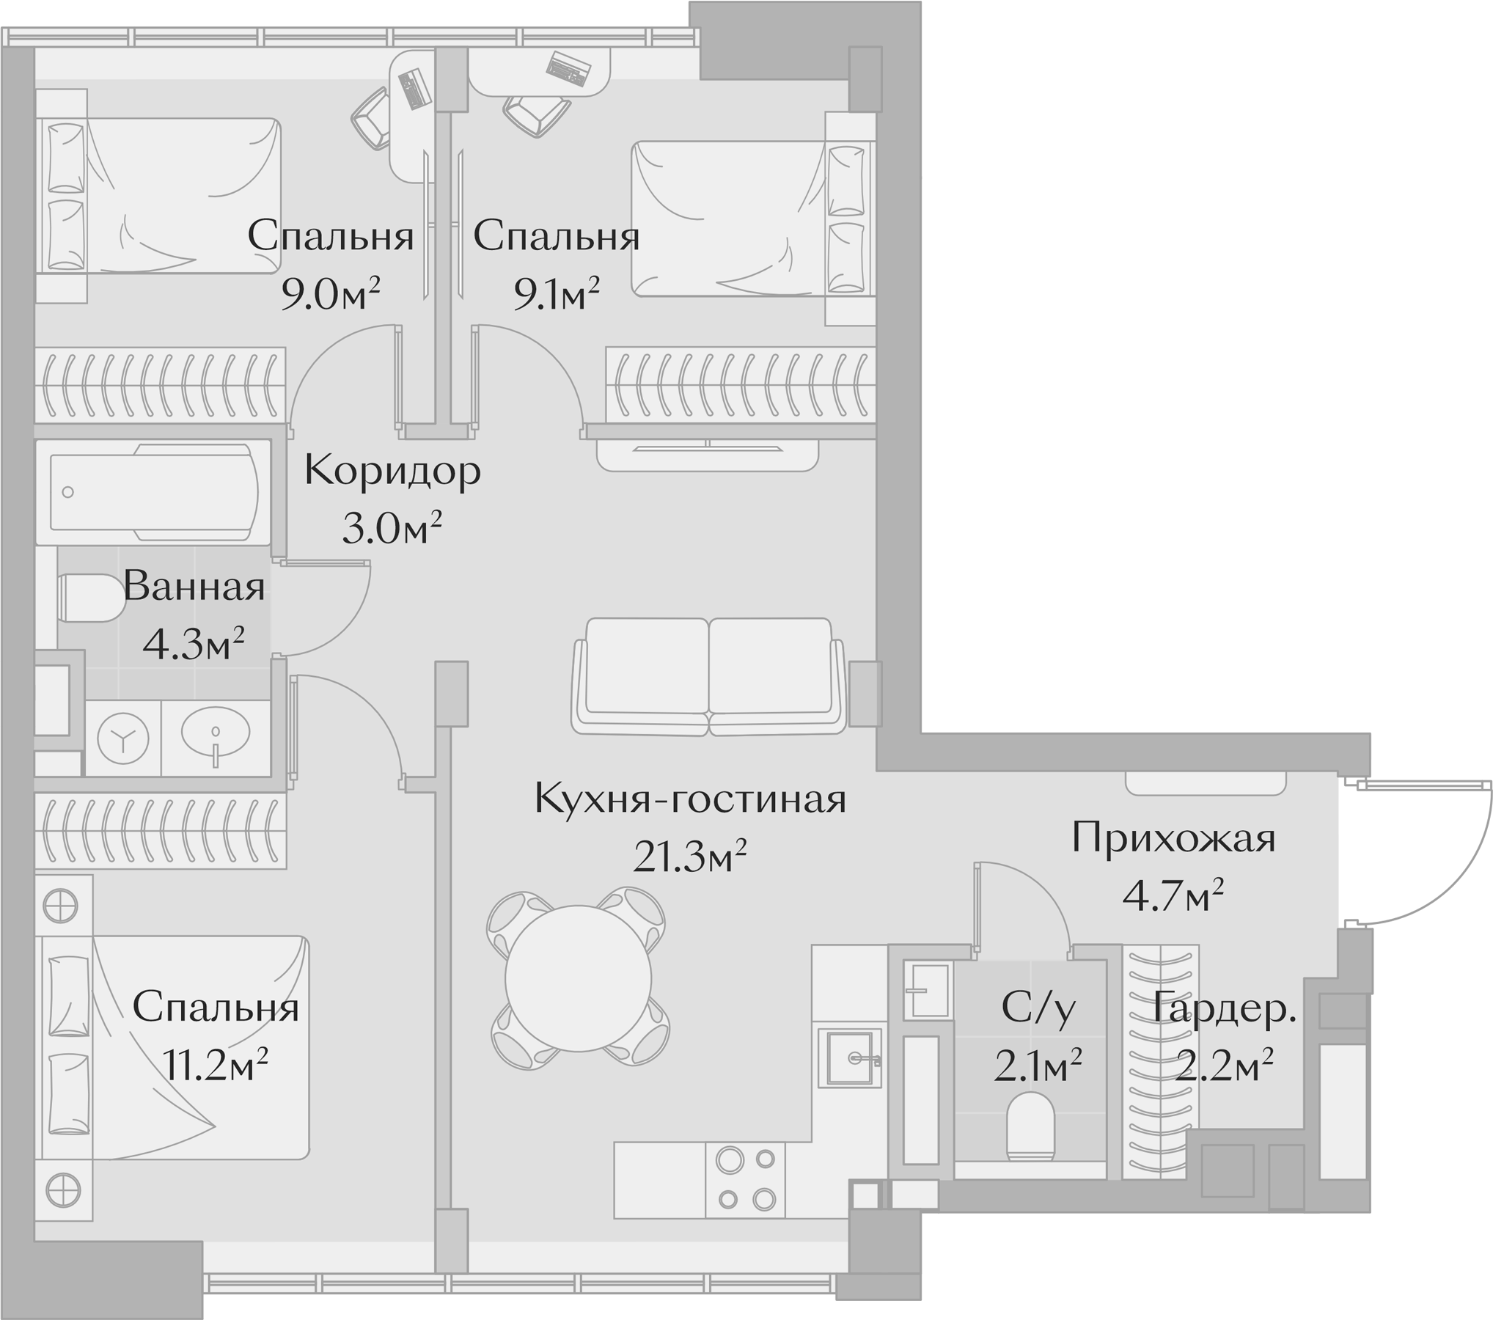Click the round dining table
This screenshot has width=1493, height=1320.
pos(578,978)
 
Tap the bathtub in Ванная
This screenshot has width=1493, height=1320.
pos(154,491)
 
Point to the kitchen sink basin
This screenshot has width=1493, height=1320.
pos(849,1057)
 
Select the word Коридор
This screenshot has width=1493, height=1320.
pos(392,472)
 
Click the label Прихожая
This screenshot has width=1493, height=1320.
pos(1173,837)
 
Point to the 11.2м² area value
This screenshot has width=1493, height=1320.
pos(215,1065)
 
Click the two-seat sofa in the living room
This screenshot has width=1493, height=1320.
pos(708,676)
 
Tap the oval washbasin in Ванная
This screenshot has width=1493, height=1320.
pos(216,733)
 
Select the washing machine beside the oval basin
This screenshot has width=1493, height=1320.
pos(122,738)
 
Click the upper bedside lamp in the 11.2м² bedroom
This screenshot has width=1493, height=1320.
pos(60,906)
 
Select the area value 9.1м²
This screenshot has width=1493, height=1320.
pos(556,295)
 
